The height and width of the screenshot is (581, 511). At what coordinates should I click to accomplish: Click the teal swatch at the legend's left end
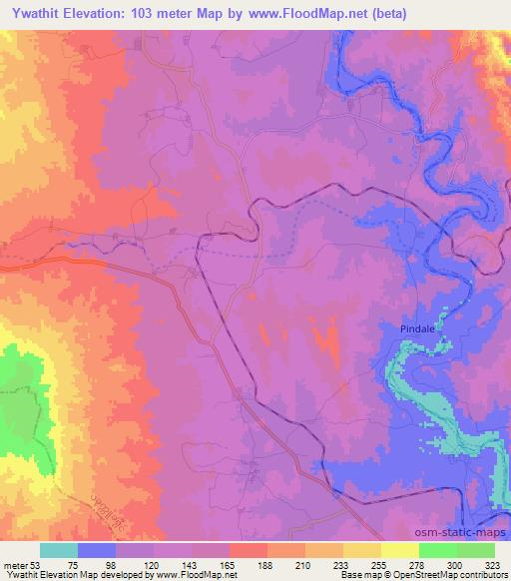point(59,550)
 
